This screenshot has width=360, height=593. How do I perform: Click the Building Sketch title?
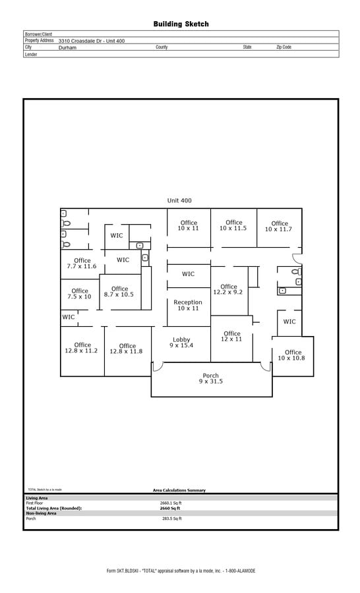pyautogui.click(x=181, y=24)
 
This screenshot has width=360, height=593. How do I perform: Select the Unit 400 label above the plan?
pyautogui.click(x=179, y=200)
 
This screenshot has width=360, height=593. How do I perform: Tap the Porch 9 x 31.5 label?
pyautogui.click(x=211, y=378)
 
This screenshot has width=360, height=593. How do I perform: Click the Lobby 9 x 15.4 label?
pyautogui.click(x=181, y=342)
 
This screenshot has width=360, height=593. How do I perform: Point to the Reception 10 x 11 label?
pyautogui.click(x=188, y=305)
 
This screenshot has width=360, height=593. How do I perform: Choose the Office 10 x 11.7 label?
pyautogui.click(x=280, y=227)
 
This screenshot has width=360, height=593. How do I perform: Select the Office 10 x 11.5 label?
pyautogui.click(x=233, y=225)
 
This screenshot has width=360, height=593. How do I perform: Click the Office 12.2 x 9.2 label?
pyautogui.click(x=228, y=289)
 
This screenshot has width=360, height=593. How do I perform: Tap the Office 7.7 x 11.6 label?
pyautogui.click(x=82, y=264)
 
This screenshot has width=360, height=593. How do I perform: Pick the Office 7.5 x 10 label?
pyautogui.click(x=80, y=294)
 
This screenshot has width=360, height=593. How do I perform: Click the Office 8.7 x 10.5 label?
pyautogui.click(x=119, y=291)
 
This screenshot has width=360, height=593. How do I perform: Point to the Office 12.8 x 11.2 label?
pyautogui.click(x=82, y=348)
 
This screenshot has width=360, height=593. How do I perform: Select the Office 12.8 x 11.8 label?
pyautogui.click(x=127, y=349)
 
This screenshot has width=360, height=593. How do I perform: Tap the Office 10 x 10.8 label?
pyautogui.click(x=292, y=355)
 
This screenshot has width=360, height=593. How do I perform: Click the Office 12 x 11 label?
pyautogui.click(x=231, y=336)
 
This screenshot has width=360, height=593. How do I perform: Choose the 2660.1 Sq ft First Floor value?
pyautogui.click(x=171, y=503)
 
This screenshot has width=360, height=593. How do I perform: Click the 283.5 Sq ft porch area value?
pyautogui.click(x=171, y=519)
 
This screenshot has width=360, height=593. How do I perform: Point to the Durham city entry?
pyautogui.click(x=67, y=47)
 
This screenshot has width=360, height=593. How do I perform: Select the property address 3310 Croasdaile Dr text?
pyautogui.click(x=92, y=41)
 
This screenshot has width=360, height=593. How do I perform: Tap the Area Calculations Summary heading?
pyautogui.click(x=179, y=490)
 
